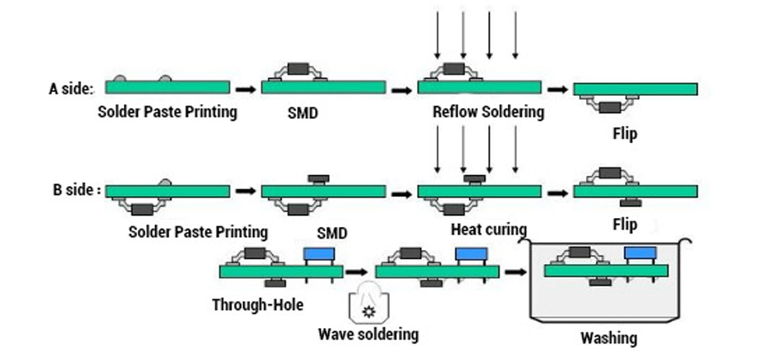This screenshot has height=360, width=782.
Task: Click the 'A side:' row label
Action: tap(71, 89)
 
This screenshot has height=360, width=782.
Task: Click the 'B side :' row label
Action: tap(76, 190)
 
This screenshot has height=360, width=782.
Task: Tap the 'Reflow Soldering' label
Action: tap(488, 112)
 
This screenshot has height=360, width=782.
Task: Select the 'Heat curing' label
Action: tap(488, 229)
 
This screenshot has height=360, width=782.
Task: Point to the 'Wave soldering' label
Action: tap(368, 334)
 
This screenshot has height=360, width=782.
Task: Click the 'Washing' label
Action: tap(608, 338)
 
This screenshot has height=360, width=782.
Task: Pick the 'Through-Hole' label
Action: tap(258, 305)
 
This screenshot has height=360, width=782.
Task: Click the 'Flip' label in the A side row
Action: tap(624, 133)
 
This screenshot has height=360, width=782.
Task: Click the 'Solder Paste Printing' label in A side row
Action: tap(167, 112)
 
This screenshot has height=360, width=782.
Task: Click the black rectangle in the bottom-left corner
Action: tap(35, 336)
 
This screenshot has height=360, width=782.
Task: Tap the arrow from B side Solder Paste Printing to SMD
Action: tap(245, 191)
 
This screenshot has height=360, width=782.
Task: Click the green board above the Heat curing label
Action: tap(479, 191)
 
